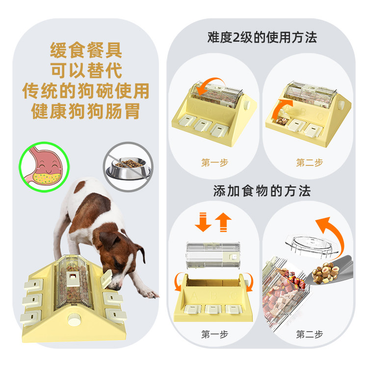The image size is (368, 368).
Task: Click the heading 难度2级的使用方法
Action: pos(262,37)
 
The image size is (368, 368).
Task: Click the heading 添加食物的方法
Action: pos(262,190)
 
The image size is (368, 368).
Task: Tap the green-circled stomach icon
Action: pos(43,167)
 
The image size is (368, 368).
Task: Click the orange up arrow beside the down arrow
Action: pos(224,222)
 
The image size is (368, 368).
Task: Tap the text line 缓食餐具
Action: pos(86,51)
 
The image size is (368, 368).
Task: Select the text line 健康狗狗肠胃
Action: pos(86,111)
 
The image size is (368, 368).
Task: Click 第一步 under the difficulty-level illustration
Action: pos(214,163)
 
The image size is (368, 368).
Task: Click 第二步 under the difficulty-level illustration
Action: pos(309,163)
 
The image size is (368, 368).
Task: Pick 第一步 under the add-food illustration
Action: pos(214,335)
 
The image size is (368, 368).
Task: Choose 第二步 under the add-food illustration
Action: pos(309,335)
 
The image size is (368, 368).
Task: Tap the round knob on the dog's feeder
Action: pos(74,321)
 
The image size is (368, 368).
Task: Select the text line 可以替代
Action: pos(86,71)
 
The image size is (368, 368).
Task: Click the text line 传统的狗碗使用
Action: pos(86,91)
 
